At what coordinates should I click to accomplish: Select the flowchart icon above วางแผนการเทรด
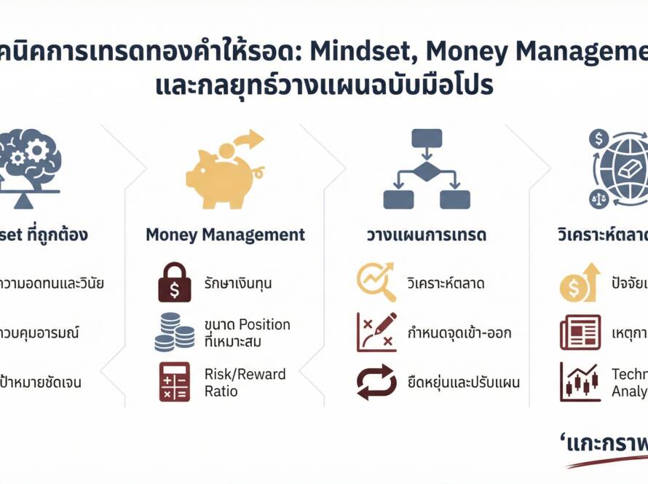coord(426,169)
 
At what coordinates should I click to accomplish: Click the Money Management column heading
coord(226,235)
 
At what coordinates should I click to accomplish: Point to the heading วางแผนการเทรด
coord(426,235)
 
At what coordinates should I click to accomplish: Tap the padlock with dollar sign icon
coord(175,283)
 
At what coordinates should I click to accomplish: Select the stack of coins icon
coord(175,332)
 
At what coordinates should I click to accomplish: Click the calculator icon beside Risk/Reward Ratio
coord(175,382)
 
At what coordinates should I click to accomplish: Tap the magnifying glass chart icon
coord(376,283)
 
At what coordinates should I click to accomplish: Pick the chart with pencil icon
coord(376,332)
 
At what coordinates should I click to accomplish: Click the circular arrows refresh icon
coord(376,382)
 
